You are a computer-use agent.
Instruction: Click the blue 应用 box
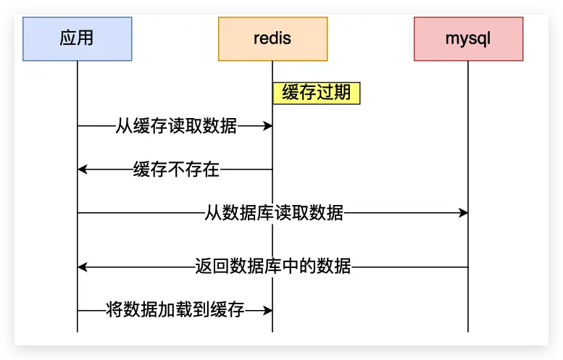click(78, 39)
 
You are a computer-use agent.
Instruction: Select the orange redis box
click(273, 39)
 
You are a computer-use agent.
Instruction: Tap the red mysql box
click(469, 39)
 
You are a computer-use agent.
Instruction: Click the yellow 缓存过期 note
click(317, 93)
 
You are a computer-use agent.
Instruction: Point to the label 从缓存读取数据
click(176, 126)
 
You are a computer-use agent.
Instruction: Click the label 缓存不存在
click(176, 169)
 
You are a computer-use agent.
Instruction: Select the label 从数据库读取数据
click(274, 213)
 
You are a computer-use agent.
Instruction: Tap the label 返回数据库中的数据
click(273, 267)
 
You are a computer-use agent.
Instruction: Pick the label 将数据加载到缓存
click(175, 310)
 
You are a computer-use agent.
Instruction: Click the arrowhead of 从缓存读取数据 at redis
click(268, 126)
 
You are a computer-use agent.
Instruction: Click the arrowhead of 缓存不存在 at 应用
click(82, 169)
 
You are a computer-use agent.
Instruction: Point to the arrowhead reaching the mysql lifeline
click(463, 213)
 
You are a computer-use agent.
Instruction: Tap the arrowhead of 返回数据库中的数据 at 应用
click(82, 267)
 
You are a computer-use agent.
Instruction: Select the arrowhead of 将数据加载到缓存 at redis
click(268, 310)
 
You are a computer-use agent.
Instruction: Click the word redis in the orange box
click(272, 38)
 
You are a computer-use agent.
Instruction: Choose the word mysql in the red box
click(468, 39)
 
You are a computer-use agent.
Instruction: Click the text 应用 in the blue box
click(77, 38)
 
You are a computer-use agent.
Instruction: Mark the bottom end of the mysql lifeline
click(468, 332)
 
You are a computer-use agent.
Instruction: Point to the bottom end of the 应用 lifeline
click(78, 332)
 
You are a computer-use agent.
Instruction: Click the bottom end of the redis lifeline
click(272, 332)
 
